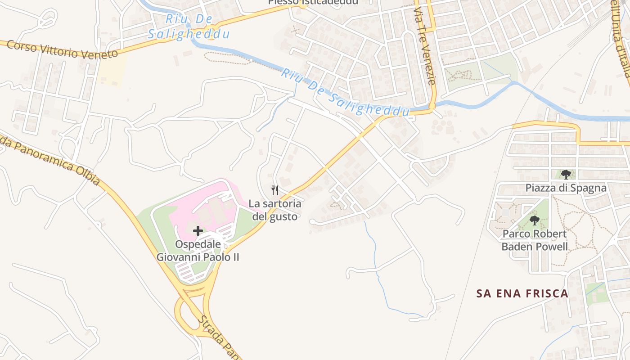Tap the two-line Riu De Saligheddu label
(x=189, y=27)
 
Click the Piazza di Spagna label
(x=566, y=188)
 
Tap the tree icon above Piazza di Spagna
(x=566, y=174)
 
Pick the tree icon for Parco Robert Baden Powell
(x=535, y=220)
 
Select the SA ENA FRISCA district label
(x=522, y=294)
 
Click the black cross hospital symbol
(x=198, y=231)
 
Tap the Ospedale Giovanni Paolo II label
(x=198, y=251)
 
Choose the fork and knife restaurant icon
(x=275, y=190)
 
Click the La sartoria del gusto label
(x=275, y=210)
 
